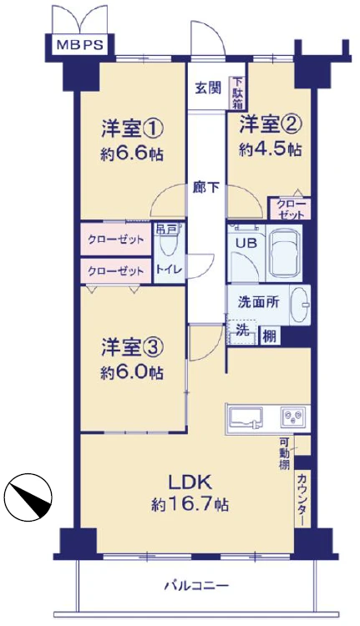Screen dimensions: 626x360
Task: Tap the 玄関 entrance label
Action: click(x=208, y=86)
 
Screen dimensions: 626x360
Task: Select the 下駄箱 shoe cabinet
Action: click(x=238, y=93)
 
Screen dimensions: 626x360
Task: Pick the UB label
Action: click(x=245, y=243)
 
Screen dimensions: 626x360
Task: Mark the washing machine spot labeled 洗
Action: click(x=241, y=330)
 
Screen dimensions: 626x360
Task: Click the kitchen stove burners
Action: click(x=295, y=415)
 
